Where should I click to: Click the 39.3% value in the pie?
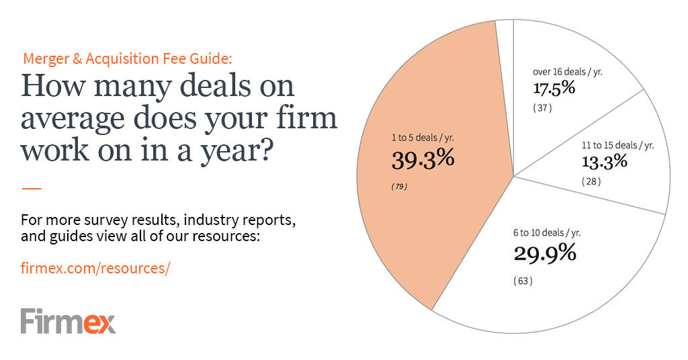423,159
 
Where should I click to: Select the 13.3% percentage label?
604,161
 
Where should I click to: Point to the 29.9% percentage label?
545,253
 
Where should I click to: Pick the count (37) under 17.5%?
543,108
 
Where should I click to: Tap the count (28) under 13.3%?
591,181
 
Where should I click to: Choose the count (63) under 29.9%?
523,281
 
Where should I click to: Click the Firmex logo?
68,321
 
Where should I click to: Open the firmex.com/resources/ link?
95,268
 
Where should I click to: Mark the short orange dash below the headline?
32,189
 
